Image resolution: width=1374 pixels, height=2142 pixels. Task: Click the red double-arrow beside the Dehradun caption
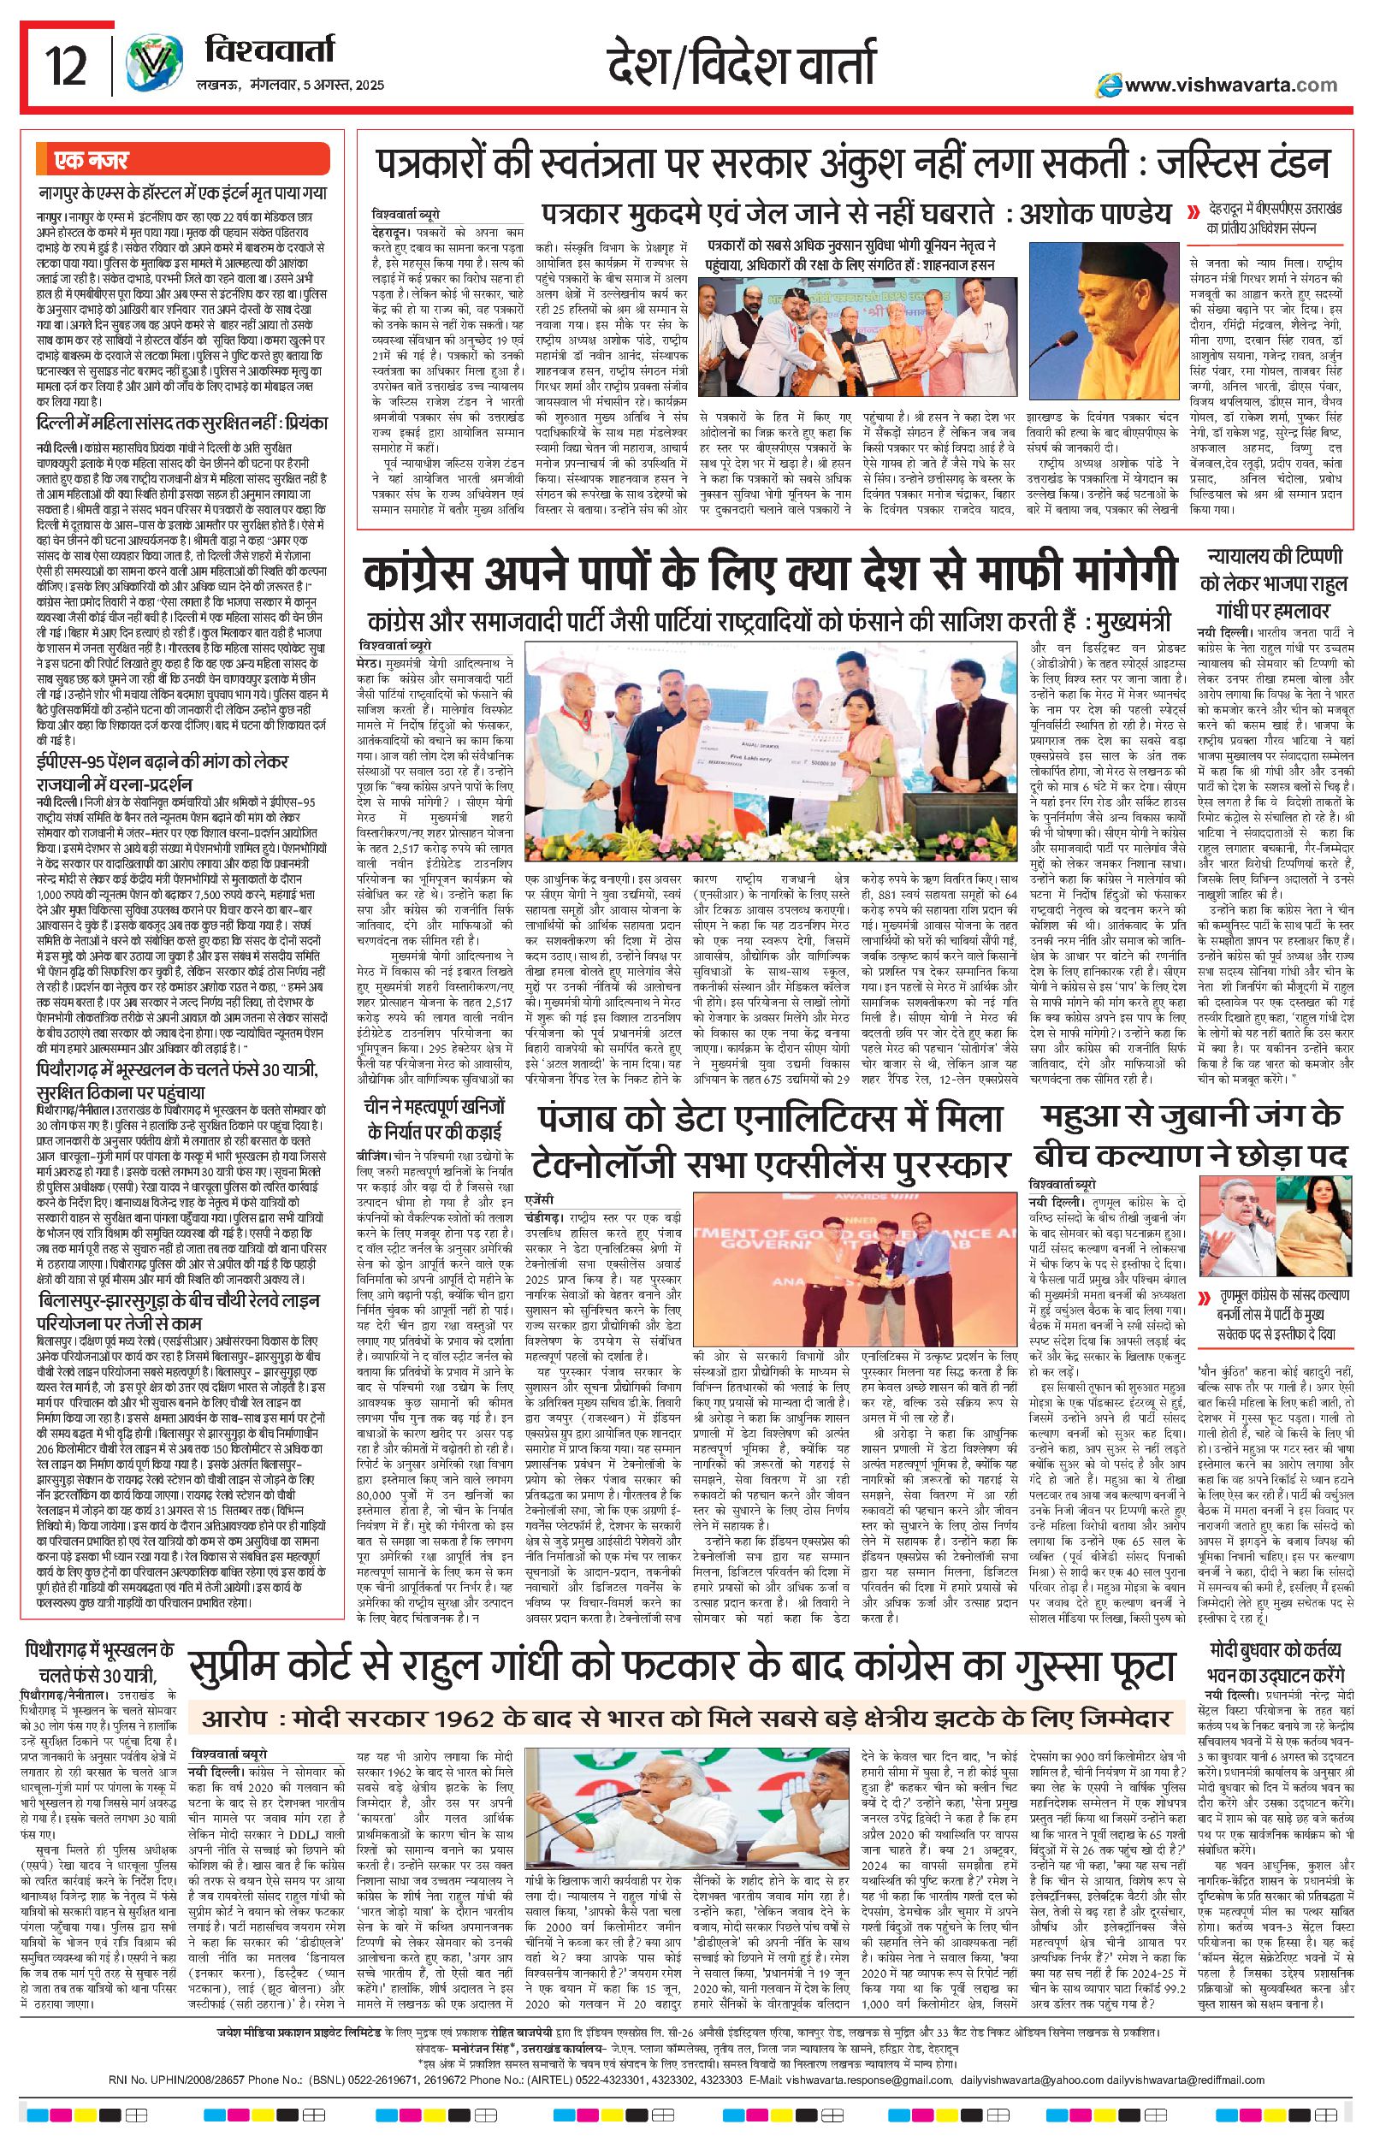1193,213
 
